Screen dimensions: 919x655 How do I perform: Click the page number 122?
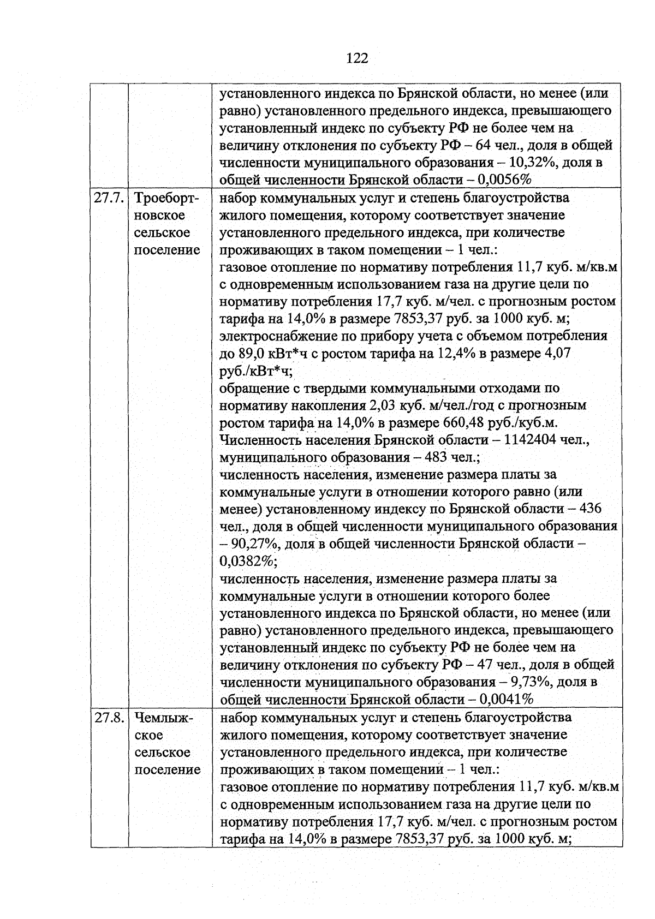357,58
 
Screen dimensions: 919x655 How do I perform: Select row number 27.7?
109,198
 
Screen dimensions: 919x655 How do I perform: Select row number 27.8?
109,718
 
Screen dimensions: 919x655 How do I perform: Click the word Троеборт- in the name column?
167,198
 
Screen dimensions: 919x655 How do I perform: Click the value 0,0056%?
505,180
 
